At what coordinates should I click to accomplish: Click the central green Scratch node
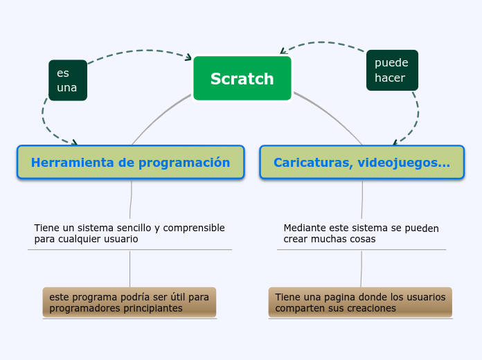click(242, 78)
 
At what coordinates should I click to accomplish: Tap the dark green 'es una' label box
click(68, 80)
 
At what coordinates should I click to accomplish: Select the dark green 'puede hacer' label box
click(392, 70)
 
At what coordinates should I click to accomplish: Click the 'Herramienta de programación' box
click(130, 163)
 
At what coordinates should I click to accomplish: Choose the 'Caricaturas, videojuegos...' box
click(361, 163)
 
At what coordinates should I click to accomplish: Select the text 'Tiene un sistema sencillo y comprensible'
click(130, 228)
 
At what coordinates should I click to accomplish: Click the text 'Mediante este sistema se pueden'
click(361, 228)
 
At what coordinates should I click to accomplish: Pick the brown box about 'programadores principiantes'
click(130, 303)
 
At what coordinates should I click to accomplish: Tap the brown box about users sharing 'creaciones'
click(360, 303)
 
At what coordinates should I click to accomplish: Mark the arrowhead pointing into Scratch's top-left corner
click(188, 57)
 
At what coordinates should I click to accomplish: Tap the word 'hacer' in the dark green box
click(389, 78)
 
